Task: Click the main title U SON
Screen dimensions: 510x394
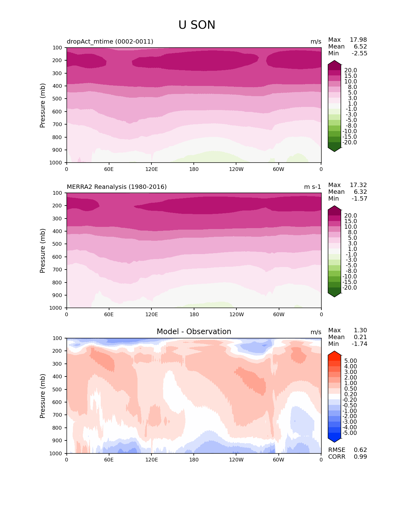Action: pyautogui.click(x=197, y=25)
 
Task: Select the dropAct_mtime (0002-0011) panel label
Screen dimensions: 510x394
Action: pyautogui.click(x=110, y=41)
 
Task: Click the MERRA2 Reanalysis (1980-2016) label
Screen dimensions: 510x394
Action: pyautogui.click(x=117, y=187)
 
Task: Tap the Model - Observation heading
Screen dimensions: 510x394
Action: pyautogui.click(x=194, y=332)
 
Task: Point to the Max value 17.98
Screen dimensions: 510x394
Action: pyautogui.click(x=358, y=40)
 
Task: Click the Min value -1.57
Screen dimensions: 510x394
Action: pyautogui.click(x=359, y=198)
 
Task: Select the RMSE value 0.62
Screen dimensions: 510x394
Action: pyautogui.click(x=360, y=450)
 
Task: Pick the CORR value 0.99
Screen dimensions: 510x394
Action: pyautogui.click(x=360, y=457)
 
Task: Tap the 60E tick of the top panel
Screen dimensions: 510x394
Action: pyautogui.click(x=109, y=169)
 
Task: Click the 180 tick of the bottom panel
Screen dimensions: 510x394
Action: pyautogui.click(x=194, y=460)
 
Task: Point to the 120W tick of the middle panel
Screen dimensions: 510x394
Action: pyautogui.click(x=236, y=314)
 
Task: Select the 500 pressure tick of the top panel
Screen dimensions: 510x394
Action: pyautogui.click(x=58, y=99)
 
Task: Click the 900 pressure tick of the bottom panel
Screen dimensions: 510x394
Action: pyautogui.click(x=58, y=440)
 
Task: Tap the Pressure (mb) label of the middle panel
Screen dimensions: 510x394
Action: pyautogui.click(x=43, y=250)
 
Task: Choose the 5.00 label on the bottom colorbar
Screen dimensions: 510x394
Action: pyautogui.click(x=350, y=361)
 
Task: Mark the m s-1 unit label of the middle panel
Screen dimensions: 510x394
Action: pyautogui.click(x=312, y=187)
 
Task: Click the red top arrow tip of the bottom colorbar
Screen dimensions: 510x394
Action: pyautogui.click(x=334, y=352)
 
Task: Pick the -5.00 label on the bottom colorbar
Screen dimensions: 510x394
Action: pyautogui.click(x=350, y=433)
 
